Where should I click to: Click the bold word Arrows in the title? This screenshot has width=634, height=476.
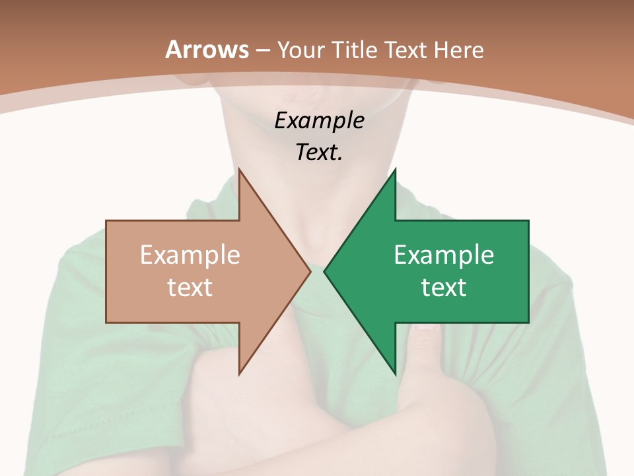point(207,50)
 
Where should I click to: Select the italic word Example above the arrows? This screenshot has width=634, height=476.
point(319,121)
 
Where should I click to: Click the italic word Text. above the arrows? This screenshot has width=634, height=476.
point(319,153)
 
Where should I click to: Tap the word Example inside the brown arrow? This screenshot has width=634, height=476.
point(190,255)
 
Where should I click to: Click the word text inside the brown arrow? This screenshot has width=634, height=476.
point(190,288)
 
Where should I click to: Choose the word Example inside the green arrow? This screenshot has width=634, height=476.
point(444,255)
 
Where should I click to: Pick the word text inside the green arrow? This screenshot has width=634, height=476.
point(444,288)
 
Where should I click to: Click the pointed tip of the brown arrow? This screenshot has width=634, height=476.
point(310,271)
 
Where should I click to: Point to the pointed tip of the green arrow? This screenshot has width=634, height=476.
point(324,271)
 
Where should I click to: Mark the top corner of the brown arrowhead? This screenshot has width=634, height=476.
point(239,169)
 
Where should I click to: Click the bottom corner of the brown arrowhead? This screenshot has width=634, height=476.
point(239,374)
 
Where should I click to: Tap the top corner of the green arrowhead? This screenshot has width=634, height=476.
point(395,169)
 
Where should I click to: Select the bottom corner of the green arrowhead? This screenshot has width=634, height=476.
point(395,374)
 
